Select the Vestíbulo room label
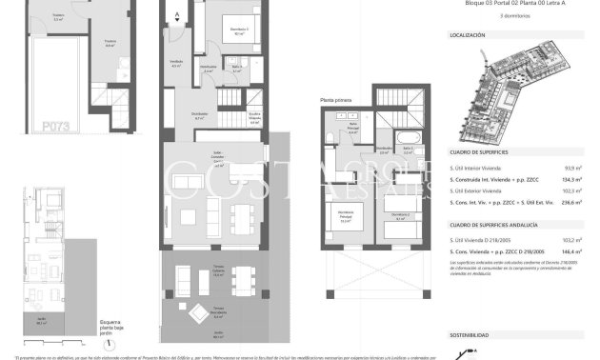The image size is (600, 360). click(x=176, y=62)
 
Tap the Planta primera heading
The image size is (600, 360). click(x=335, y=99)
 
